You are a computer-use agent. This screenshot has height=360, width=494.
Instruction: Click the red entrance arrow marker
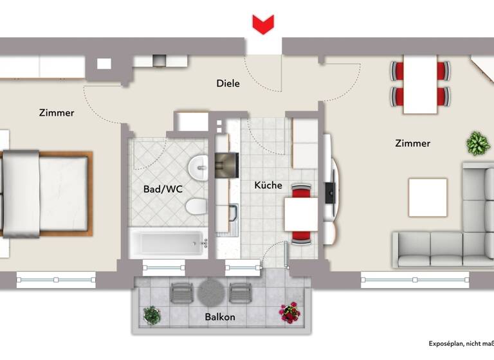[x=262, y=24]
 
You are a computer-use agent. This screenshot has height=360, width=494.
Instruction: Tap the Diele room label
[x=228, y=83]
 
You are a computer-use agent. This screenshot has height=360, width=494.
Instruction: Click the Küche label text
[x=268, y=185]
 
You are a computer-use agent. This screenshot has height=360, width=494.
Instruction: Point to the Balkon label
[x=220, y=317]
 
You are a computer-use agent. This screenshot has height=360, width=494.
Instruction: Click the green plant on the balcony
[x=152, y=314]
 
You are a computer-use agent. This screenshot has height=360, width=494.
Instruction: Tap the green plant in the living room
[x=477, y=143]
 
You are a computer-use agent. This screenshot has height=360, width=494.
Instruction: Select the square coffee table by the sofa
[x=428, y=197]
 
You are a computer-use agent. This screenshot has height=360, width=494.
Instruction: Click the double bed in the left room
[x=45, y=192]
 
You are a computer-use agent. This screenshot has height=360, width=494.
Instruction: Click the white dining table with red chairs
[x=420, y=84]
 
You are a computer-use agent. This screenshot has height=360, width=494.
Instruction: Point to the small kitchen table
[x=301, y=215]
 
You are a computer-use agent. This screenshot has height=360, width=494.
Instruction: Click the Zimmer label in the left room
[x=57, y=113]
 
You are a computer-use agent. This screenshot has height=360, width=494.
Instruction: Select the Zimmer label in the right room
[x=412, y=143]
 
